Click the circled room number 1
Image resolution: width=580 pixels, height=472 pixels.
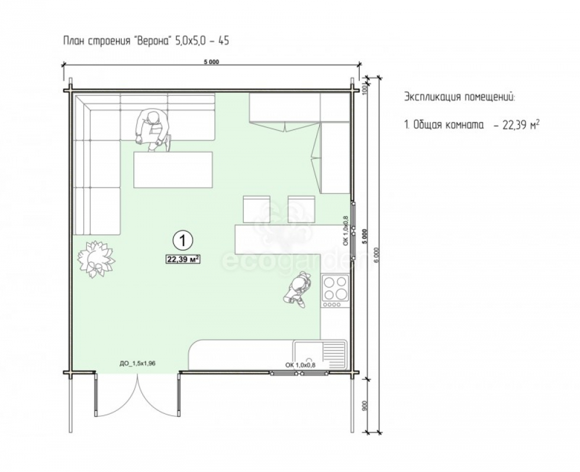pyautogui.click(x=183, y=240)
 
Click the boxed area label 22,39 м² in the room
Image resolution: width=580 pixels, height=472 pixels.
pyautogui.click(x=183, y=260)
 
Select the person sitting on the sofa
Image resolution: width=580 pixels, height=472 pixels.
pyautogui.click(x=153, y=130)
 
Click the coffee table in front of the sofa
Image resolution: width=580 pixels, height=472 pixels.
pyautogui.click(x=173, y=170)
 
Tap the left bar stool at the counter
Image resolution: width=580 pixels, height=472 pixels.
pyautogui.click(x=256, y=209)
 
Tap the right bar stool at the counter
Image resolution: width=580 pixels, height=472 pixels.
pyautogui.click(x=302, y=209)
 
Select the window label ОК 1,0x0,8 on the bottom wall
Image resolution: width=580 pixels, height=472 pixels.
pyautogui.click(x=300, y=365)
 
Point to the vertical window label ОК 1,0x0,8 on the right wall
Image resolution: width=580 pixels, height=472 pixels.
pyautogui.click(x=346, y=230)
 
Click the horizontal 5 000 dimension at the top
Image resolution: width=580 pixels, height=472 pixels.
pyautogui.click(x=211, y=62)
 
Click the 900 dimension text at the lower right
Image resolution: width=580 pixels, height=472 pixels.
pyautogui.click(x=365, y=406)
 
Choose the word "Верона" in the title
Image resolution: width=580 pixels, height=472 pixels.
pyautogui.click(x=153, y=41)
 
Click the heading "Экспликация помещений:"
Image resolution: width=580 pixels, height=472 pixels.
pyautogui.click(x=459, y=97)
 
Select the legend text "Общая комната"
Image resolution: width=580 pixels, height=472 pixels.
pyautogui.click(x=448, y=125)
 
